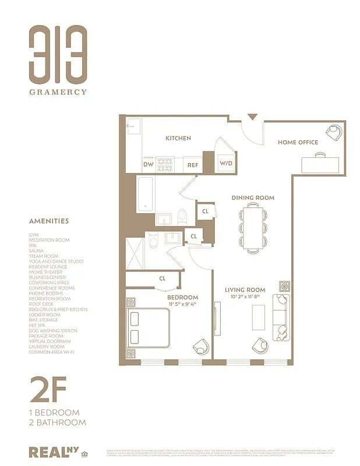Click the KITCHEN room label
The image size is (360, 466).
(178, 138)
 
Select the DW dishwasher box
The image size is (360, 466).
(149, 164)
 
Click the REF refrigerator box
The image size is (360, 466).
(193, 165)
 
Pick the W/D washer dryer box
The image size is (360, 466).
(225, 163)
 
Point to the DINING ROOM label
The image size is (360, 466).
(253, 197)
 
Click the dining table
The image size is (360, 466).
(253, 228)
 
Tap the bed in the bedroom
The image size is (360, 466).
(149, 328)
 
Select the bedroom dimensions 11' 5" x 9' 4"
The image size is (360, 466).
(182, 303)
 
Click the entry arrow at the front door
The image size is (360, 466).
(252, 118)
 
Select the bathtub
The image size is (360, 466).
(146, 195)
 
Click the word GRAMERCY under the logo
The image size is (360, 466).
(59, 91)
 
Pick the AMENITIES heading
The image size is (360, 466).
(49, 221)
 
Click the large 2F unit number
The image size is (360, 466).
(48, 390)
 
